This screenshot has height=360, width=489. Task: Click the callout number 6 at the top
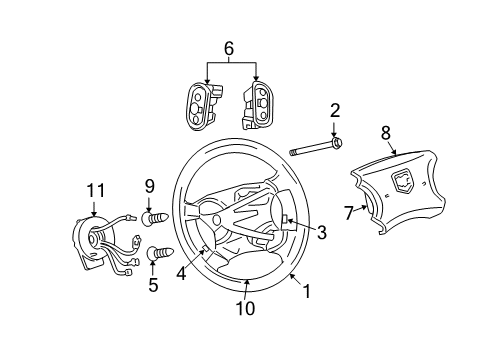click(x=230, y=47)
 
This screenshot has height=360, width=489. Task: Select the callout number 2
click(x=336, y=111)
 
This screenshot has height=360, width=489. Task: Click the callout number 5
click(x=153, y=284)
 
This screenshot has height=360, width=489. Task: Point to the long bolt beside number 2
click(x=315, y=152)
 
